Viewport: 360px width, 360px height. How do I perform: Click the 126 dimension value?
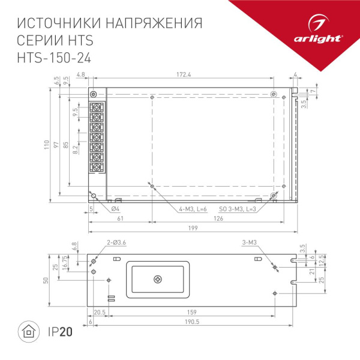coord(218,219)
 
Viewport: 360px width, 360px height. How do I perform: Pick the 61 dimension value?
coord(120,219)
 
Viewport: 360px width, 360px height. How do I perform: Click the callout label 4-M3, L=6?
coord(193,209)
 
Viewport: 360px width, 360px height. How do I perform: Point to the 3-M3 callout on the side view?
coord(249,242)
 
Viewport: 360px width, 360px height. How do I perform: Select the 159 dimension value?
coord(191,312)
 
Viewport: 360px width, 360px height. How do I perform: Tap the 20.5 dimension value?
coord(100,312)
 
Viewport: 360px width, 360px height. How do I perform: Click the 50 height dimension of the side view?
coord(46,281)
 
